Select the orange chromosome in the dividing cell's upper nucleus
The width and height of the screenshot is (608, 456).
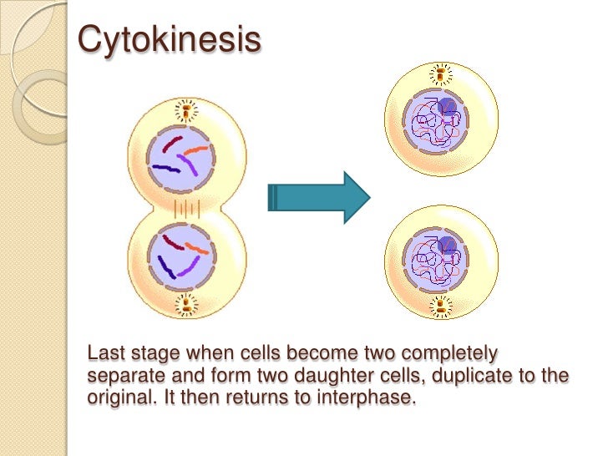point(196,151)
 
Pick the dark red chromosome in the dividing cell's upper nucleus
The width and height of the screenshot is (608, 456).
point(170,147)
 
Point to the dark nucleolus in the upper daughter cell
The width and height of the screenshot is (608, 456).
point(448,107)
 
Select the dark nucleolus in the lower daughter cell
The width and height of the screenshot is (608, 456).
point(448,245)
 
